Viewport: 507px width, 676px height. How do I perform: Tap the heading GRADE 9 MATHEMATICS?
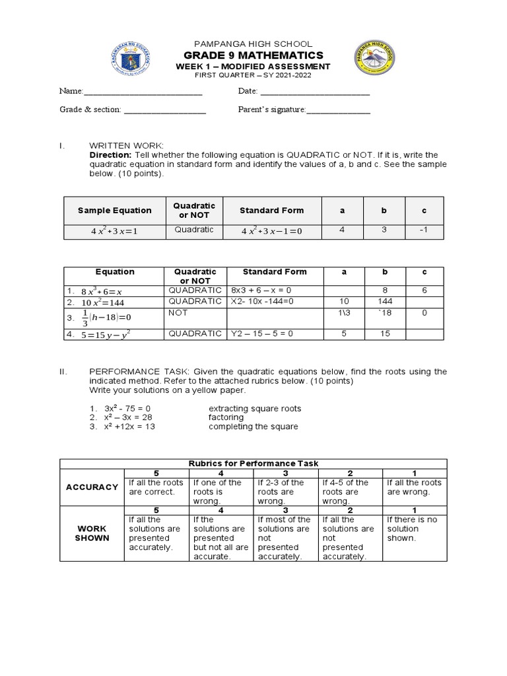253,55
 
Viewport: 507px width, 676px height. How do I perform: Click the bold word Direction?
110,154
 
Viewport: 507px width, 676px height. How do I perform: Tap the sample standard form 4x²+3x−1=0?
263,231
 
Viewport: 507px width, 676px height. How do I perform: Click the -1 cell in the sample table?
424,230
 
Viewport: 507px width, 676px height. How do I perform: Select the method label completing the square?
253,426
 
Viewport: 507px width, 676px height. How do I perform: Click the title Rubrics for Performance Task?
253,463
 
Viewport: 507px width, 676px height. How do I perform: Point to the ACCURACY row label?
92,487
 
